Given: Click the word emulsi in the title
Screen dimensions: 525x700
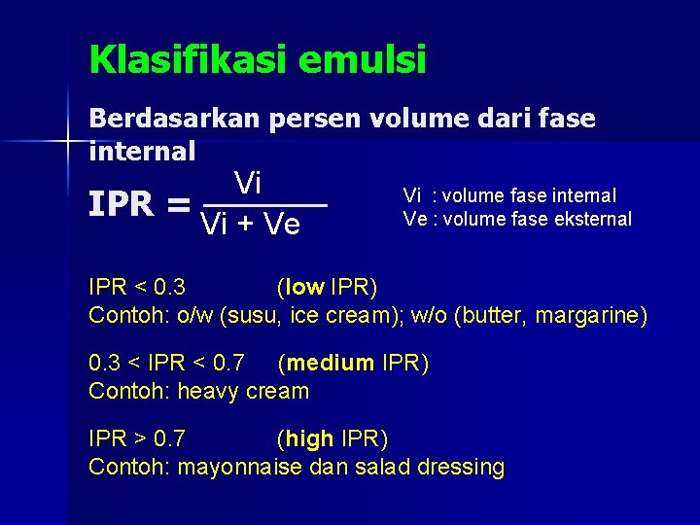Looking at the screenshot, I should point(364,60).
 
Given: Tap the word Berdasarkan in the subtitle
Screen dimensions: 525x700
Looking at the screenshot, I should point(173,119).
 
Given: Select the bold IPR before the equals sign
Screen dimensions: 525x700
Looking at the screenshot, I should point(122,205).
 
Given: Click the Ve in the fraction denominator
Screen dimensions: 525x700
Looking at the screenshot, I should point(281,226).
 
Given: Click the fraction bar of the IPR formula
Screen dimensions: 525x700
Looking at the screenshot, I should point(263,206).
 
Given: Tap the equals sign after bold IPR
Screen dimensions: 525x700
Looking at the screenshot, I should point(178,205).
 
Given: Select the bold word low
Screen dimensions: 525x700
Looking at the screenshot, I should point(304,287).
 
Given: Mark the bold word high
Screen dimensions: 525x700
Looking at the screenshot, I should point(310,439).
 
